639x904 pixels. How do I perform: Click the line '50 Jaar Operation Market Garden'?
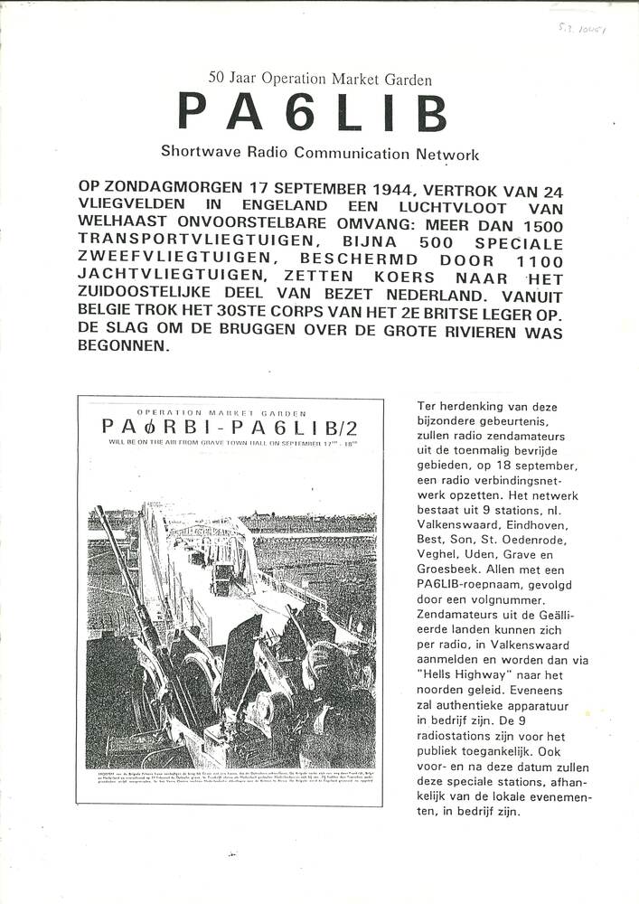click(x=320, y=79)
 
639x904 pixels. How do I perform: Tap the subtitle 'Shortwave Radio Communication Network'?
click(x=320, y=154)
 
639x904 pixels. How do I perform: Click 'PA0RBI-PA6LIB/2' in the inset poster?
click(x=230, y=426)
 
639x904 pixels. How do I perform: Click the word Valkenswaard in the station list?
click(x=461, y=525)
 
